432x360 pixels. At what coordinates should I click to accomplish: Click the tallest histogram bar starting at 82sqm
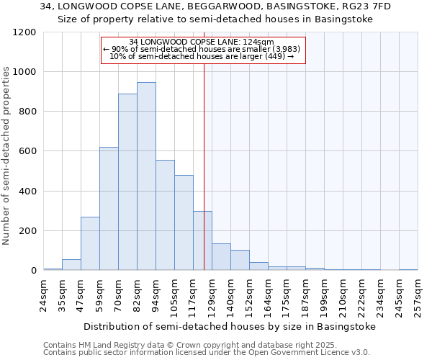click(x=146, y=176)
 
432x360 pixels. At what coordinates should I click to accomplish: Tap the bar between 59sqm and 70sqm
click(x=109, y=209)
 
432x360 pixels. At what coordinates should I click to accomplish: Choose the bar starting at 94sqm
click(x=165, y=215)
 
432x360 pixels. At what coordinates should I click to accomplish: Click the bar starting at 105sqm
click(x=184, y=222)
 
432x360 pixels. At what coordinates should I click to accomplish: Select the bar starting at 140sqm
click(x=240, y=260)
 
